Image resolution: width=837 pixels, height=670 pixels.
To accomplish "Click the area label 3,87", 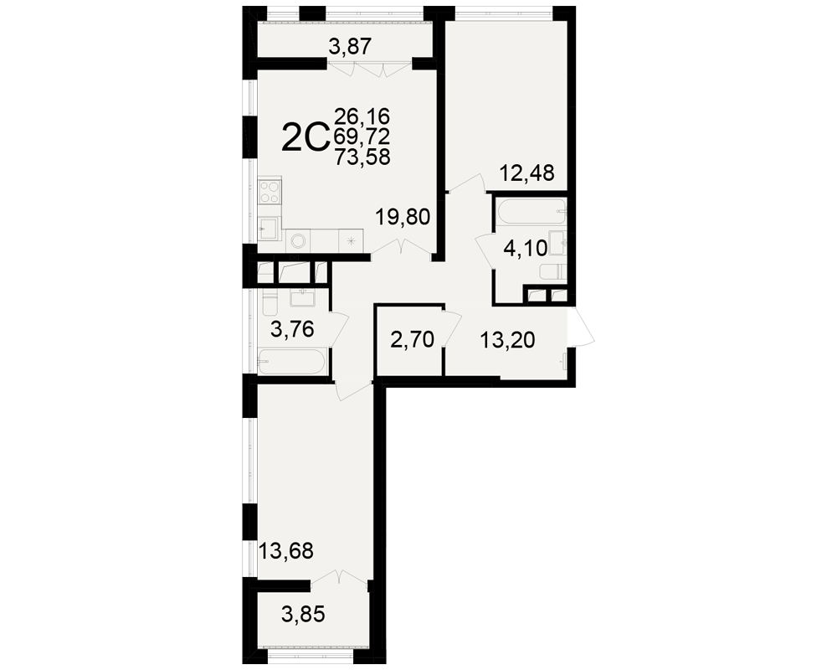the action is (x=350, y=47).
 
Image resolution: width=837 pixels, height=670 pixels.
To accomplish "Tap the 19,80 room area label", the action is (x=403, y=218).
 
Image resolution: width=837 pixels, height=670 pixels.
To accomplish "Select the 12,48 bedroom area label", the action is (x=526, y=173).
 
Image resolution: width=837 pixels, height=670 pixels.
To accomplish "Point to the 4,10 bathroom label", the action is (x=526, y=249).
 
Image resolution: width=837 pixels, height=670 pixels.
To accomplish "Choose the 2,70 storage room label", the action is (x=412, y=339).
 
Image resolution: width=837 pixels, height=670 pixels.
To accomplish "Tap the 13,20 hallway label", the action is (x=507, y=340).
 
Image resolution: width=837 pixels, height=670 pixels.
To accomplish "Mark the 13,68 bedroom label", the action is (x=285, y=550).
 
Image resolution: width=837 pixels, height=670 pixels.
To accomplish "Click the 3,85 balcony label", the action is (x=303, y=615).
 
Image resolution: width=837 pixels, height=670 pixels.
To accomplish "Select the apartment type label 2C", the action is (x=303, y=138).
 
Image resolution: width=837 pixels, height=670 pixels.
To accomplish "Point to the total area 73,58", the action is (x=362, y=157).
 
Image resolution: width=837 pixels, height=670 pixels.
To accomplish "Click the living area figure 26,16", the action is (x=362, y=116).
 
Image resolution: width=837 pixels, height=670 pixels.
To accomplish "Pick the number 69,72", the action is (x=362, y=137).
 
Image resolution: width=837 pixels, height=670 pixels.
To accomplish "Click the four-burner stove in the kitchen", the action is (x=270, y=192).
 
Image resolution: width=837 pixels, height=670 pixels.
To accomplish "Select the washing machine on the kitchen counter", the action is (x=296, y=241).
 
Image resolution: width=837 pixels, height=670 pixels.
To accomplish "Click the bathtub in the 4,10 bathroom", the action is (x=530, y=212).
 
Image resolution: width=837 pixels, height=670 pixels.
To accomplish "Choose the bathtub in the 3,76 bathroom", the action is (x=291, y=363).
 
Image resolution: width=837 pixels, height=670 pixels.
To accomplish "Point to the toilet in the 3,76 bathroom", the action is (x=269, y=304).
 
